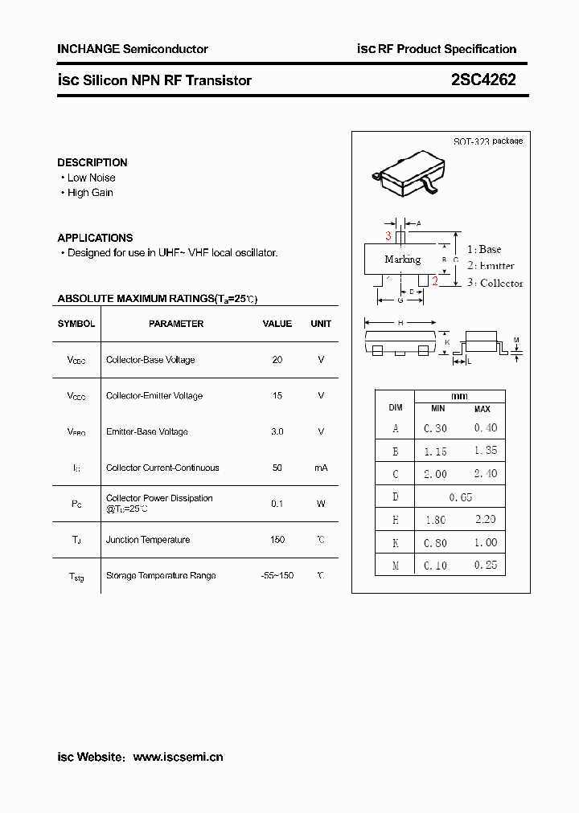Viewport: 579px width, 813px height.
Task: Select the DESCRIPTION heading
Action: pyautogui.click(x=92, y=162)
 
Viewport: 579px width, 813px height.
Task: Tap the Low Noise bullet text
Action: pyautogui.click(x=91, y=178)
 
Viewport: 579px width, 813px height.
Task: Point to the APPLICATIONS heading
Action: pyautogui.click(x=95, y=238)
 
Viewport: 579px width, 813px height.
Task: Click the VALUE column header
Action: pyautogui.click(x=277, y=324)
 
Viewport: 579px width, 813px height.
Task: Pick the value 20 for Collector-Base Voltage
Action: pyautogui.click(x=277, y=360)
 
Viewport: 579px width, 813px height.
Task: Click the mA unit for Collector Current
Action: pyautogui.click(x=321, y=468)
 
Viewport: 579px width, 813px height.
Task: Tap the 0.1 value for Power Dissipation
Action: pyautogui.click(x=277, y=504)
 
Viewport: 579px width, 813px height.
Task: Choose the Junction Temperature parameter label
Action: pyautogui.click(x=148, y=540)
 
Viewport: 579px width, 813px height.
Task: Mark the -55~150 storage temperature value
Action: pyautogui.click(x=277, y=575)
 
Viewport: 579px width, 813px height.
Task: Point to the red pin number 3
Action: pyautogui.click(x=388, y=236)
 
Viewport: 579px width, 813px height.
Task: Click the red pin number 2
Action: pyautogui.click(x=434, y=280)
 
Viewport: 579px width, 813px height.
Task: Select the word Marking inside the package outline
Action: pyautogui.click(x=402, y=259)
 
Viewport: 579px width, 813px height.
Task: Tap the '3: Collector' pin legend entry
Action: pyautogui.click(x=495, y=283)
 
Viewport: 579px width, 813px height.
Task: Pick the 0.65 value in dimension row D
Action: pyautogui.click(x=460, y=497)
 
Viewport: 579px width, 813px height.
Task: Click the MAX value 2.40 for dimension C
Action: pyautogui.click(x=485, y=474)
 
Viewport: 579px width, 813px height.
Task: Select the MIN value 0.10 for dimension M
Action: pyautogui.click(x=435, y=566)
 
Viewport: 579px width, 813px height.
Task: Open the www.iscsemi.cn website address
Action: pyautogui.click(x=178, y=757)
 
